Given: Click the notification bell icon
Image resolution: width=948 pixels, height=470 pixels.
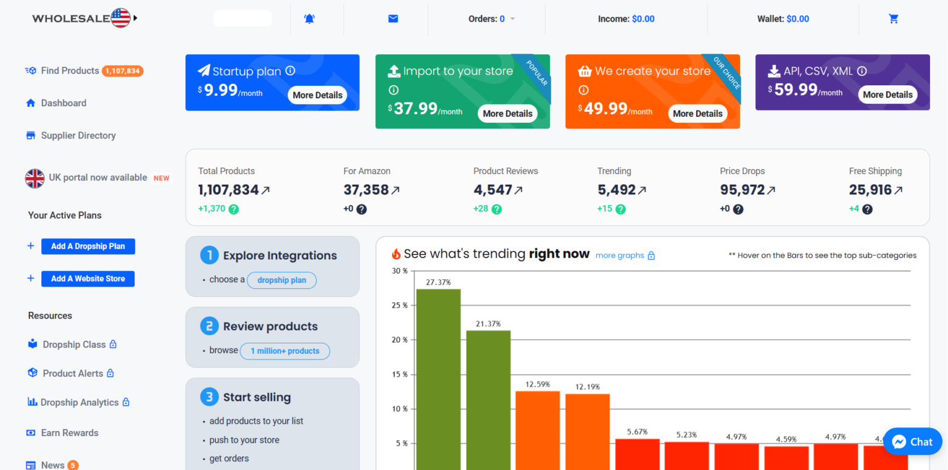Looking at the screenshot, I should [x=309, y=19].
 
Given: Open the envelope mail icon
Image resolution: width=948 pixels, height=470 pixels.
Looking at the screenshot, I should [x=393, y=19].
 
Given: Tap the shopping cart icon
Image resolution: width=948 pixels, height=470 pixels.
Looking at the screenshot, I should [x=893, y=19].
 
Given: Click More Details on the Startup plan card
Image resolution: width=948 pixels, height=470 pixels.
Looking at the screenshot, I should [x=317, y=95].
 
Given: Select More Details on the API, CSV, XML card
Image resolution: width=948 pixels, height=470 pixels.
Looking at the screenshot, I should [x=888, y=94].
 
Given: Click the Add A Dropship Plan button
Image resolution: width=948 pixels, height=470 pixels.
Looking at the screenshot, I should [x=88, y=246].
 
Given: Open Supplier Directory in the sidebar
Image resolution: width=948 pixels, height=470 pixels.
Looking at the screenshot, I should [x=78, y=135].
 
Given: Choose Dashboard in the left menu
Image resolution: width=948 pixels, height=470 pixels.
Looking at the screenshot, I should [x=63, y=103].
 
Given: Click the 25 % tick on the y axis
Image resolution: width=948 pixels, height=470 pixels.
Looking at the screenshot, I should [x=400, y=305].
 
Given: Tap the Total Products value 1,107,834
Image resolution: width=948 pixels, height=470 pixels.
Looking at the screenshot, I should [x=228, y=190].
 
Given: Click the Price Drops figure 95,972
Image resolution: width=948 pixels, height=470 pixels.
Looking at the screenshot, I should [x=742, y=190].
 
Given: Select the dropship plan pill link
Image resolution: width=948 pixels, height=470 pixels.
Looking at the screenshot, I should [x=281, y=280].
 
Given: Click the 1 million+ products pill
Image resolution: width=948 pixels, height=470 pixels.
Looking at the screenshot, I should [x=285, y=351].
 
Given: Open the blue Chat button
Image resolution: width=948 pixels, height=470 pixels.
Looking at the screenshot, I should [x=912, y=442].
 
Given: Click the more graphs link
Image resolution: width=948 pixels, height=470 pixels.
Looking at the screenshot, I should [x=620, y=256].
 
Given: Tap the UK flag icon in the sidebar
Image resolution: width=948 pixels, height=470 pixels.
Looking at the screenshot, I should [x=35, y=178].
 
